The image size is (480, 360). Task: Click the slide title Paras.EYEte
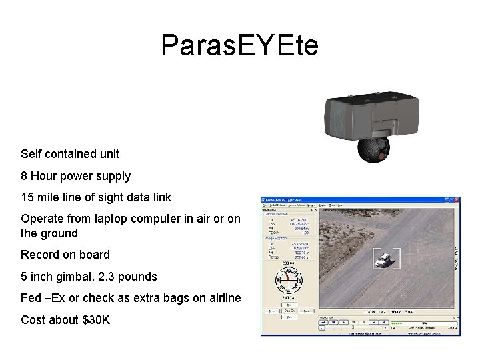point(240,45)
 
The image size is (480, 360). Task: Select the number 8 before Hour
point(25,176)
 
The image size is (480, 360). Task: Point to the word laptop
point(121,219)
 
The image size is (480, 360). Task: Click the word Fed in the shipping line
point(32,298)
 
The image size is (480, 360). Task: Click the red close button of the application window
point(457,201)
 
